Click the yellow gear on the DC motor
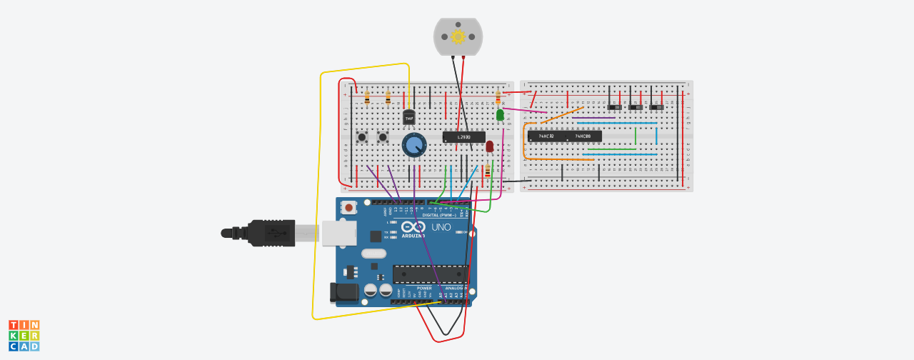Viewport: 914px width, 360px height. click(458, 36)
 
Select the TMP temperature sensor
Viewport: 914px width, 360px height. click(409, 117)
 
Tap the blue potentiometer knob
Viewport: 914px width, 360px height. click(413, 145)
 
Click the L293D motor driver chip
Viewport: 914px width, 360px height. click(463, 136)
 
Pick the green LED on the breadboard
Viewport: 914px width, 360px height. click(500, 114)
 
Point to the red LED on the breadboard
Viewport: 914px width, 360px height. click(489, 146)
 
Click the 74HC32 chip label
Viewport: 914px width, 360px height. click(546, 136)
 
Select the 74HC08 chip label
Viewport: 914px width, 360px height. click(583, 136)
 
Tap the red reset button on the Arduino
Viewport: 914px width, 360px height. click(348, 208)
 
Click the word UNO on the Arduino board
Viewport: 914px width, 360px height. click(441, 227)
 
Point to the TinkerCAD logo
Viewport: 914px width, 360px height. click(24, 335)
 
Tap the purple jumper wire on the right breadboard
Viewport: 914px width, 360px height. click(593, 118)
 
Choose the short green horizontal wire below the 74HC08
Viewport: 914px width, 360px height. click(611, 149)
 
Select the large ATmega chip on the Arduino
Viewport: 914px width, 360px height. click(430, 274)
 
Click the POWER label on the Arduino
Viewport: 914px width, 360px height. click(425, 288)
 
